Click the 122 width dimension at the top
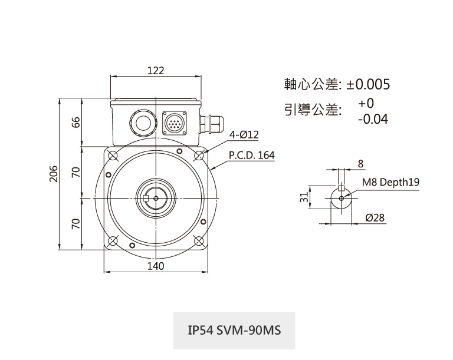pos(156,71)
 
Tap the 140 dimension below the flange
pos(156,266)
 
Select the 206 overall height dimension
pos(54,174)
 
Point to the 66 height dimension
pos(75,122)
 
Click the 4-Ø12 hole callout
pos(244,135)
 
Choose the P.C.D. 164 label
pos(251,156)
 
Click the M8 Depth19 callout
pos(390,182)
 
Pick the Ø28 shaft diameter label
pos(375,218)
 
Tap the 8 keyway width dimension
pos(360,163)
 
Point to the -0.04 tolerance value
pos(372,119)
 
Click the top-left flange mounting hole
pos(113,156)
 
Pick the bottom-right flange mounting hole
pos(199,242)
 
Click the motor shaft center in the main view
pos(156,199)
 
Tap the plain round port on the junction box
pos(142,122)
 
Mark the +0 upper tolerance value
pos(366,104)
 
